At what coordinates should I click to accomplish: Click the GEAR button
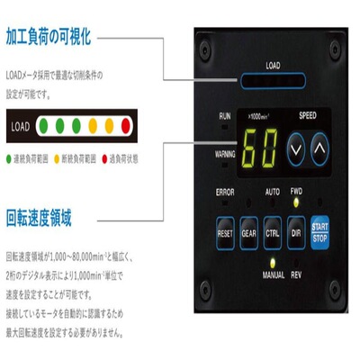(x=250, y=232)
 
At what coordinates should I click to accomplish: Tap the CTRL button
(x=274, y=232)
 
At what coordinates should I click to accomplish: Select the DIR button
(x=296, y=232)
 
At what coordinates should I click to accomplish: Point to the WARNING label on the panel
(x=225, y=154)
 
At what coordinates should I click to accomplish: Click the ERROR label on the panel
(x=225, y=192)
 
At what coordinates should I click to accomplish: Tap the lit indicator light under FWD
(x=296, y=203)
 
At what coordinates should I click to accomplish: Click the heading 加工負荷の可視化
(x=49, y=39)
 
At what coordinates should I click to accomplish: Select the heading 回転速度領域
(x=38, y=219)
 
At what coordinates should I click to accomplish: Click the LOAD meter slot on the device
(x=273, y=79)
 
